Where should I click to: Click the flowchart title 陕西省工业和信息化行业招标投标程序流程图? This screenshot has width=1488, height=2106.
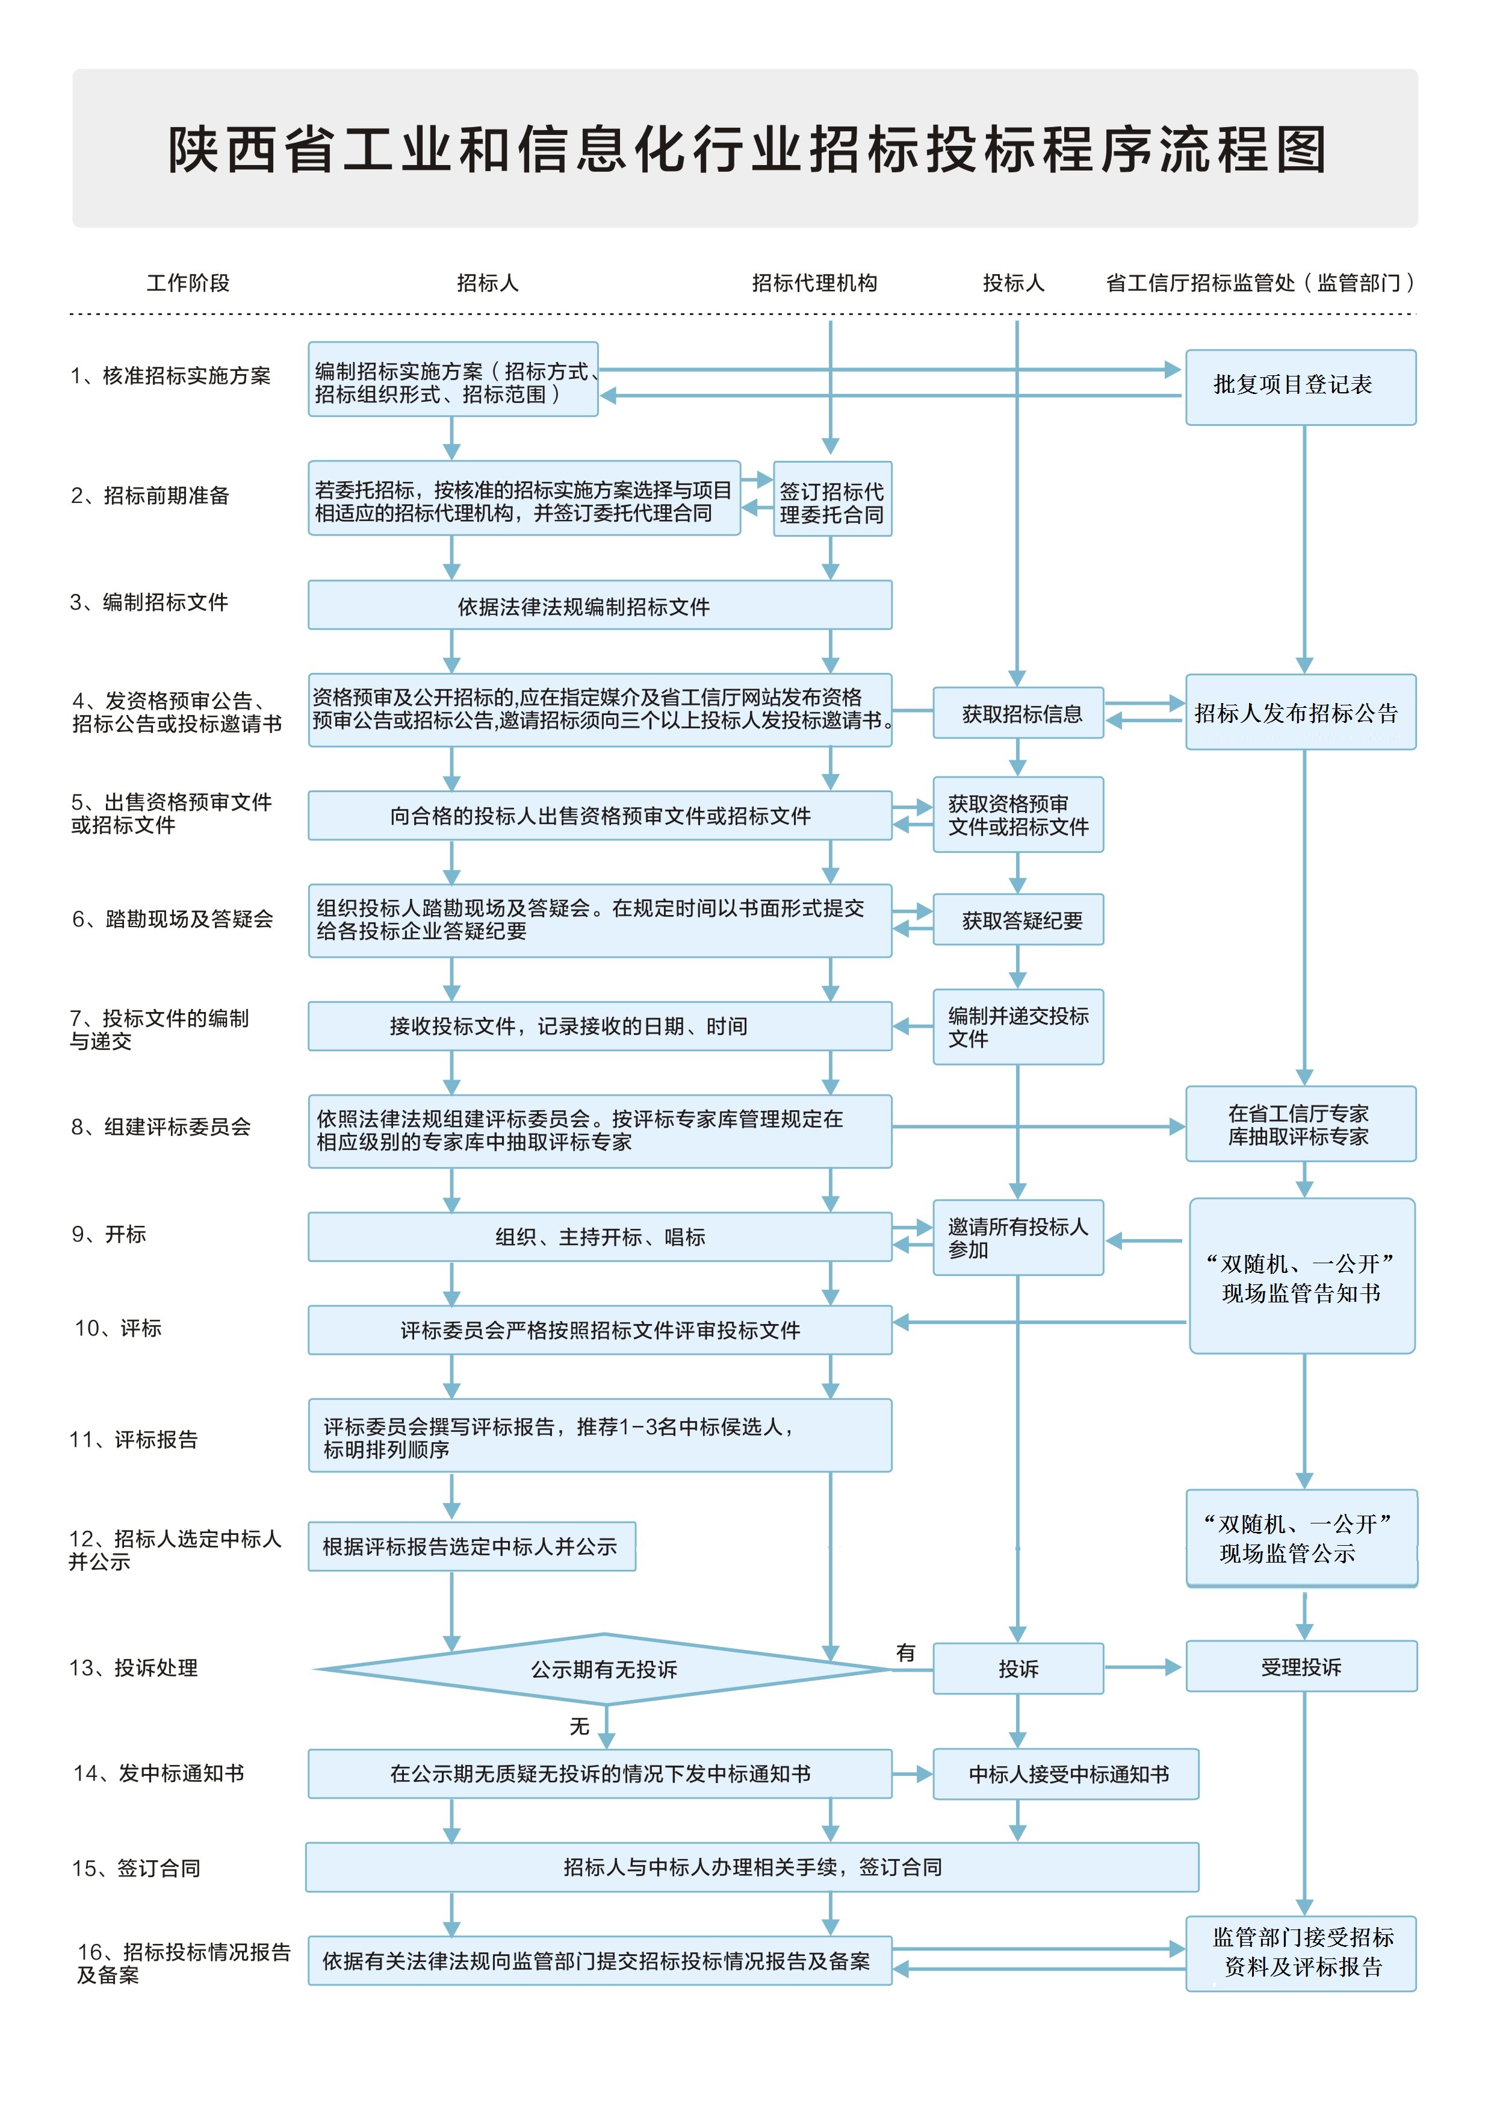click(746, 149)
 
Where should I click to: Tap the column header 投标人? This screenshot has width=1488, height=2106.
click(1013, 283)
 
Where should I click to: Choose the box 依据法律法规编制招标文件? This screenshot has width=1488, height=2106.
click(600, 605)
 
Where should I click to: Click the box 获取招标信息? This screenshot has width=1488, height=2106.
click(1018, 713)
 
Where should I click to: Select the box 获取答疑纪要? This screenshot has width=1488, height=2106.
click(1018, 920)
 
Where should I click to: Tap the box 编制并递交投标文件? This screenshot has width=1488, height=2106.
click(1018, 1026)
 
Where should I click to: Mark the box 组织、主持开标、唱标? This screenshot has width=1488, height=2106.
click(600, 1237)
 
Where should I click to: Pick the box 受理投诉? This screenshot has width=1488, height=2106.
click(1300, 1667)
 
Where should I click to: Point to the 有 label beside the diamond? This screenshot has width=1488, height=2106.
click(906, 1652)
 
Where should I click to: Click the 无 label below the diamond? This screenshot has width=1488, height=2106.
click(580, 1726)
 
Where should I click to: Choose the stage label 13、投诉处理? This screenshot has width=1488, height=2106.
click(134, 1667)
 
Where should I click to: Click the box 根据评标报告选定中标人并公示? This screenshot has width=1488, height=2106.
click(471, 1546)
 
